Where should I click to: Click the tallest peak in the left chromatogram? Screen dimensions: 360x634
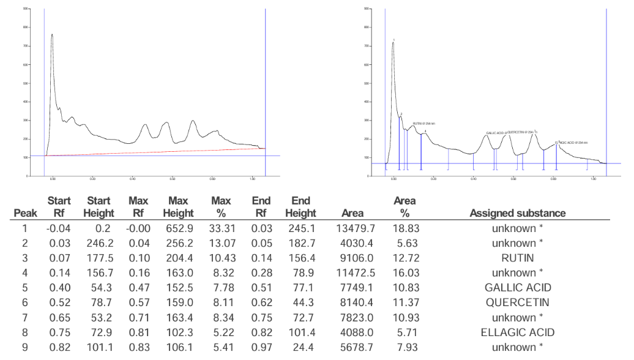(x=52, y=36)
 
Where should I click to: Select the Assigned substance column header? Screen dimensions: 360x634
(x=517, y=213)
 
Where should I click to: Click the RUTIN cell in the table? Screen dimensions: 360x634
(x=517, y=258)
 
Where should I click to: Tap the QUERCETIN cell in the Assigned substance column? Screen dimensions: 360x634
(x=517, y=302)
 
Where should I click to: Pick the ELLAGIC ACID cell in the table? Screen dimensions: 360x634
(x=517, y=332)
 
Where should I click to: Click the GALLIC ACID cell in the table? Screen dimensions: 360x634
(x=517, y=288)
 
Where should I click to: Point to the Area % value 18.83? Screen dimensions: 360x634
(x=405, y=228)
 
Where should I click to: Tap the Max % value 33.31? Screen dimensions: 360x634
(x=220, y=228)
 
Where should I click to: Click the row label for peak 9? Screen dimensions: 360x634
(x=26, y=347)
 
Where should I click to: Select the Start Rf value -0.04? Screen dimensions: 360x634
(x=61, y=228)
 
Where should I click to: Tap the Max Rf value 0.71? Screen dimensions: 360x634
(x=140, y=318)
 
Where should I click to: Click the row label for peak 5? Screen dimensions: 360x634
(x=26, y=288)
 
